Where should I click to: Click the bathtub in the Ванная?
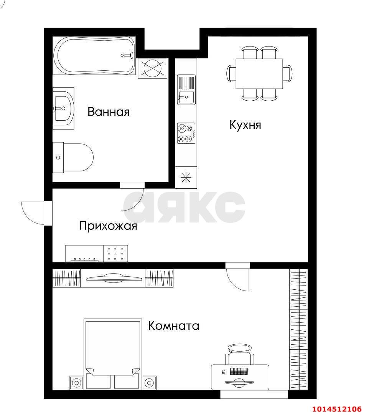pos(94,56)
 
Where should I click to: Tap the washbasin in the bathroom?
pos(63,108)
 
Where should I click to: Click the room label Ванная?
pos(109,112)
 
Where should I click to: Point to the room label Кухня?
pos(245,125)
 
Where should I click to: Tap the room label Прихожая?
pos(108,226)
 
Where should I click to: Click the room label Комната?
pos(174,326)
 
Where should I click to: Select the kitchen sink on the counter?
pos(186,90)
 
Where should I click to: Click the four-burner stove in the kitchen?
pos(186,133)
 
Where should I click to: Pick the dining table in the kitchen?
pos(259,73)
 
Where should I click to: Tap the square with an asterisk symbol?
pos(186,178)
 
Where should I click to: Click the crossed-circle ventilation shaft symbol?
pos(153,68)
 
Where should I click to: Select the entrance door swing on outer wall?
pos(32,212)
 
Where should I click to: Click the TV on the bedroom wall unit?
pos(113,278)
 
